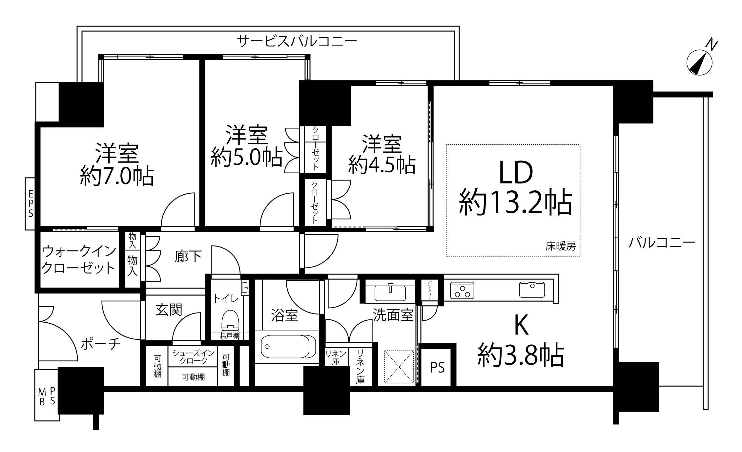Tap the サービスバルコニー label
tap(297, 42)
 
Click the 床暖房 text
tap(561, 246)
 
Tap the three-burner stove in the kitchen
tap(462, 290)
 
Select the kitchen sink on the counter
tap(532, 290)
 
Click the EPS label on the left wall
tap(31, 204)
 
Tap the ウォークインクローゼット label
tap(79, 260)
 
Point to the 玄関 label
tap(169, 310)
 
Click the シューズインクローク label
tap(193, 357)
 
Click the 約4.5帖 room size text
tap(382, 165)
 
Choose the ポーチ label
tap(101, 344)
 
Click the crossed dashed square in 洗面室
tap(399, 367)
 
